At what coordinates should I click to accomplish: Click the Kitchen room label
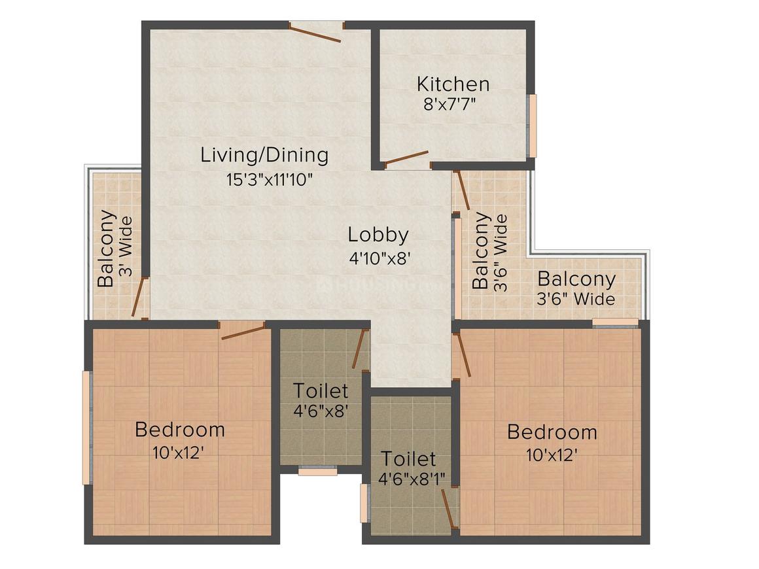(x=453, y=84)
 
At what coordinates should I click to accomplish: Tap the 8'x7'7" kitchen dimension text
(x=453, y=104)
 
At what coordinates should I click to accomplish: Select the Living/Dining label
(x=264, y=155)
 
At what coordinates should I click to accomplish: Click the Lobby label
(x=378, y=234)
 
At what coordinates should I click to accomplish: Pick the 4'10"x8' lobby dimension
(x=379, y=257)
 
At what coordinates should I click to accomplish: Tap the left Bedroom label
(x=179, y=430)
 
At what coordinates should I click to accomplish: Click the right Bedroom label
(x=552, y=432)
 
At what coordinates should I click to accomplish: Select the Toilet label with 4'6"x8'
(x=320, y=391)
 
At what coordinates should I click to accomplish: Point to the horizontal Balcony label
(x=576, y=279)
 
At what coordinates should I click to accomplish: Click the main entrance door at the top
(x=315, y=32)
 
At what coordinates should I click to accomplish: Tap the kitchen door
(x=406, y=158)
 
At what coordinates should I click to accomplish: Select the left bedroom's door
(x=243, y=330)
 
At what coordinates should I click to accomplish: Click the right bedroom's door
(x=462, y=354)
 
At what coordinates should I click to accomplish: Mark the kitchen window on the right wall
(x=533, y=126)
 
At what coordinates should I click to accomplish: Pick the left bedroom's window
(x=86, y=428)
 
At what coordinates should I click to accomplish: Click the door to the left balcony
(x=139, y=298)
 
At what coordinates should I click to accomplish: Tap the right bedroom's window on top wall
(x=615, y=322)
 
